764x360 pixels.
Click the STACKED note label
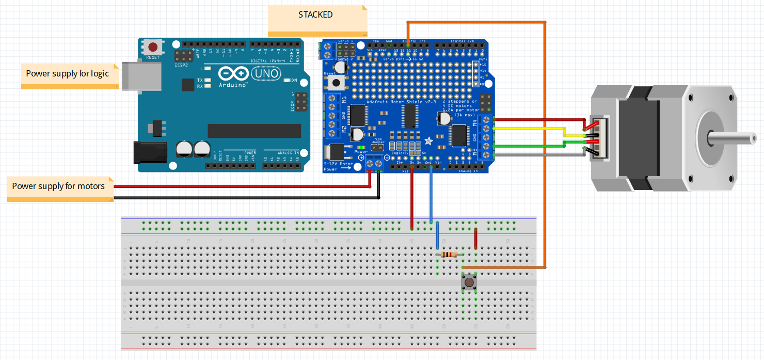pos(316,15)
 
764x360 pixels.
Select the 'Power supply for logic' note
pos(68,74)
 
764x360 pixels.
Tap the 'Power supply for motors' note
pos(58,186)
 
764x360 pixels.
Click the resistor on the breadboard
pos(449,254)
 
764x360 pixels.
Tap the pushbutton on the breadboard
pos(469,283)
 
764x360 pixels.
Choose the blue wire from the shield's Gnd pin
pos(431,196)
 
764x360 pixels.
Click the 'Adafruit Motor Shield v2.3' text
pos(395,102)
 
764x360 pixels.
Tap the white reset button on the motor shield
pos(338,82)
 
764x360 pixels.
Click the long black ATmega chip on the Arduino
pos(254,131)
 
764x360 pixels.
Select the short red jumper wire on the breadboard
pos(475,239)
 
